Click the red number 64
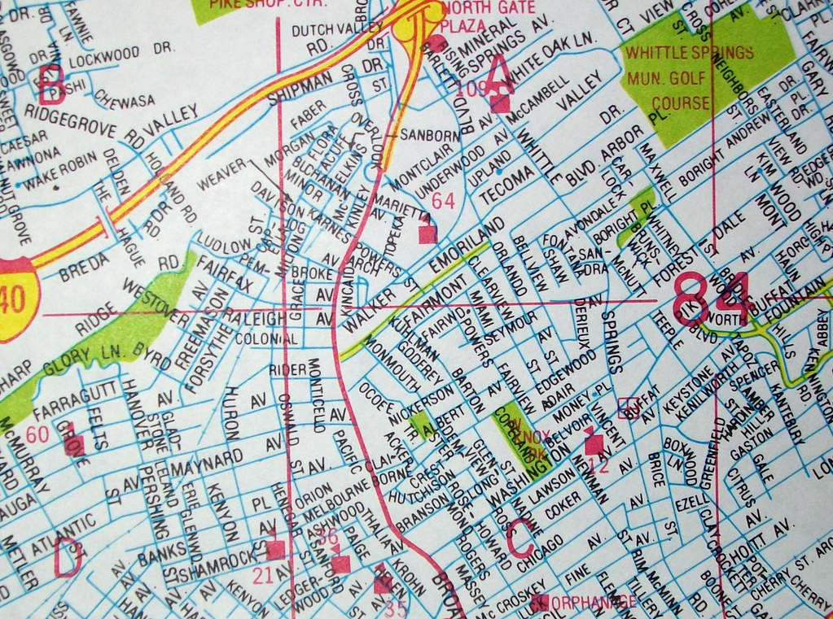pyautogui.click(x=443, y=200)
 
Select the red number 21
pyautogui.click(x=262, y=576)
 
